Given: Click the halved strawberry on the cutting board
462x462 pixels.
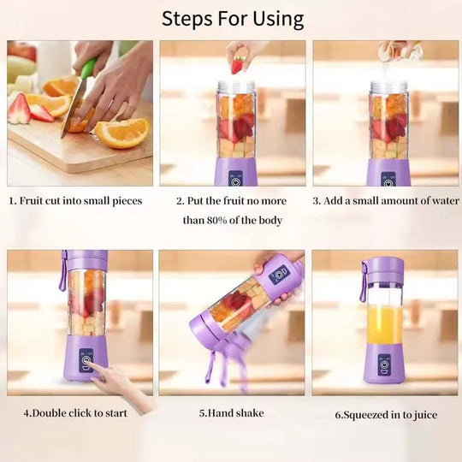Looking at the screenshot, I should [19, 109].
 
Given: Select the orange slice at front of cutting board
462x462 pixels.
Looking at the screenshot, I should [121, 133].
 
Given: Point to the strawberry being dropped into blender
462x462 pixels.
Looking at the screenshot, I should [237, 65].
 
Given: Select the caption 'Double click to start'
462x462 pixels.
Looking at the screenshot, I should [75, 413].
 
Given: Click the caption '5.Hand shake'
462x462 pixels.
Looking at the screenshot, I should [231, 413].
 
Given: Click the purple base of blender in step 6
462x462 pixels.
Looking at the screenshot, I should [384, 365].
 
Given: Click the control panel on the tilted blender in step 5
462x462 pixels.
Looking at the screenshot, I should [279, 275].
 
